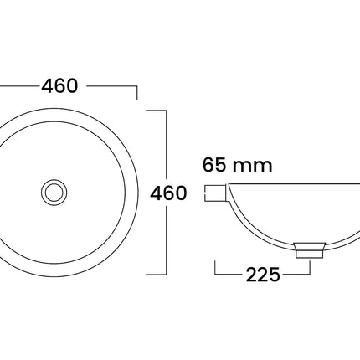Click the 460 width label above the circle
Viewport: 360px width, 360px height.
click(x=59, y=85)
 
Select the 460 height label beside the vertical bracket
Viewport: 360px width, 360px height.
click(x=168, y=193)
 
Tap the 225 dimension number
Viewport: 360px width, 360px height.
click(x=263, y=275)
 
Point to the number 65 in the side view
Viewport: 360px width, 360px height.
click(x=213, y=164)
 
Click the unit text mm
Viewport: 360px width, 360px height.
click(x=252, y=167)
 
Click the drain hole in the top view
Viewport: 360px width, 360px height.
click(x=54, y=193)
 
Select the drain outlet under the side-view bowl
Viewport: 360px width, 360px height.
click(x=310, y=249)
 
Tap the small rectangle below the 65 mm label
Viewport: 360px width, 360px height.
click(x=215, y=193)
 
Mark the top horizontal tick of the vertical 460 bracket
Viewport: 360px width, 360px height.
click(x=157, y=111)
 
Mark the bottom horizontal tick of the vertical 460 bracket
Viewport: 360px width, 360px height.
click(x=157, y=275)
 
